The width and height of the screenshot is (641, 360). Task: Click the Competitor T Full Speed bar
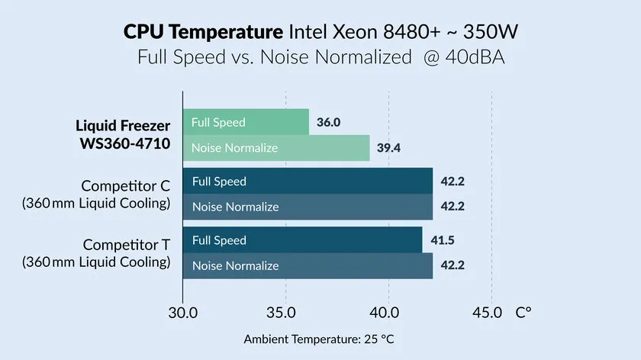tap(302, 240)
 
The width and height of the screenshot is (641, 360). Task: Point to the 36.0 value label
tap(328, 122)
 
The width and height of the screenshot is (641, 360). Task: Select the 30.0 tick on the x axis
tap(183, 313)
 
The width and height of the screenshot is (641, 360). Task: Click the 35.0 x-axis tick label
tap(285, 313)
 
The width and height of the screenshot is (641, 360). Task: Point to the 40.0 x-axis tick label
tap(388, 313)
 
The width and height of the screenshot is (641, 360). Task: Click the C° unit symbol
tap(523, 313)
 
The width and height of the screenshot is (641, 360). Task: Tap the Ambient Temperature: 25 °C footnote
tap(320, 339)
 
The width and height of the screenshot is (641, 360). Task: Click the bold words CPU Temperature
tap(203, 33)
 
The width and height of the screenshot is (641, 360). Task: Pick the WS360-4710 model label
tap(123, 143)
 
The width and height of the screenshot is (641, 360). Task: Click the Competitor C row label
tap(126, 185)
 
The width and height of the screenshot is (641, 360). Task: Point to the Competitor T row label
tap(126, 245)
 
